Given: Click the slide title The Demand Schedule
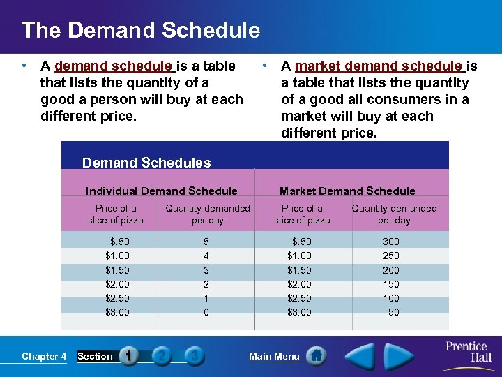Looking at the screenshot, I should click(140, 30).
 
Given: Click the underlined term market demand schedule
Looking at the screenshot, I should click(379, 66).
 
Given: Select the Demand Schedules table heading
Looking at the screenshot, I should click(146, 163).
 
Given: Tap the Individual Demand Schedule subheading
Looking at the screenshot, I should click(161, 191).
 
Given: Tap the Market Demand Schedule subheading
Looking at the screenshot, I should click(347, 191).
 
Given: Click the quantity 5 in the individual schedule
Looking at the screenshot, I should click(206, 242).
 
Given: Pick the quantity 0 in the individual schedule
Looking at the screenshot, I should click(206, 312).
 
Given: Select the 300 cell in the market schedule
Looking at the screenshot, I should click(391, 242).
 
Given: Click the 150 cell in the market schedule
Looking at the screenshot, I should click(391, 284).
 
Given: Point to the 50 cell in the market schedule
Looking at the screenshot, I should click(394, 312).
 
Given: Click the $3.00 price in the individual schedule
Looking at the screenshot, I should click(117, 312).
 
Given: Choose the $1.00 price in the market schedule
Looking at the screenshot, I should click(300, 256).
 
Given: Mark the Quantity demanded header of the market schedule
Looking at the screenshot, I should click(394, 214).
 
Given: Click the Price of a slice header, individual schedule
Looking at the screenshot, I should click(116, 214).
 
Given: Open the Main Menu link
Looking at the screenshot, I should click(274, 356).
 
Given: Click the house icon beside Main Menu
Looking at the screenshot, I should click(316, 356).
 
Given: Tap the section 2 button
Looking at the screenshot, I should click(161, 356).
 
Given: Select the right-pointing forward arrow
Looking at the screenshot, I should click(400, 356).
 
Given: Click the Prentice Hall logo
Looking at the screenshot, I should click(466, 350).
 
